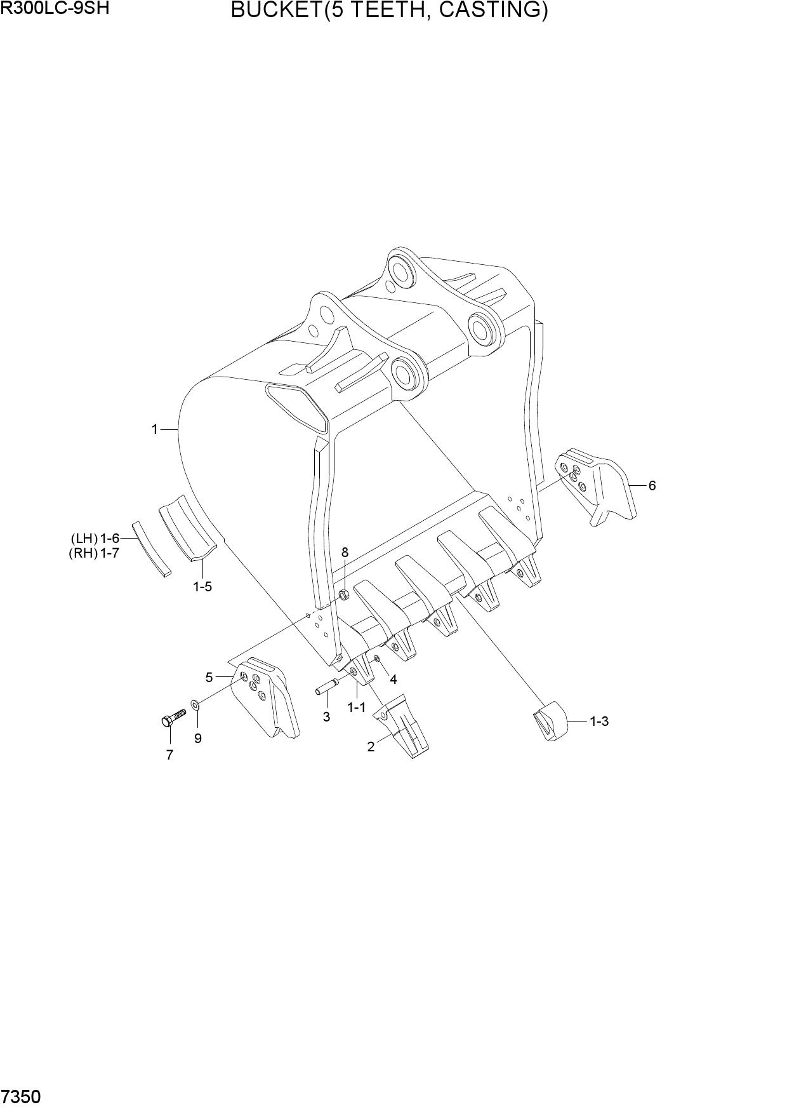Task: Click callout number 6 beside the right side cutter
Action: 652,485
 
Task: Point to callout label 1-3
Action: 599,721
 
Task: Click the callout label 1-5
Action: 202,586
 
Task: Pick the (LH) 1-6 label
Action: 95,539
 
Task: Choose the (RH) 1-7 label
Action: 95,553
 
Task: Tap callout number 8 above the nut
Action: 345,552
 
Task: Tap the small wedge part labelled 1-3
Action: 550,720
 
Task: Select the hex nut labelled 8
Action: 343,595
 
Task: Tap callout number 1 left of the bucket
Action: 154,429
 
